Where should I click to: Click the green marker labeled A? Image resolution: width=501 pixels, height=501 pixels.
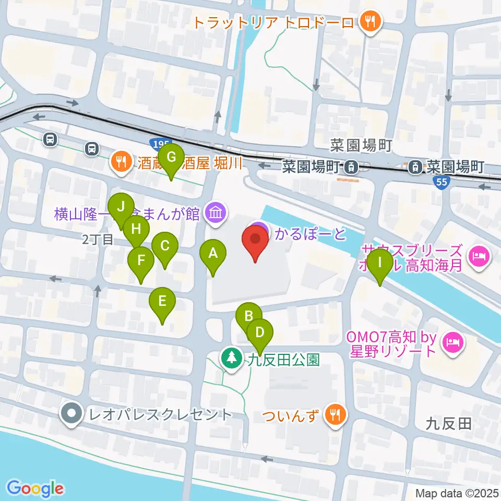(x=212, y=254)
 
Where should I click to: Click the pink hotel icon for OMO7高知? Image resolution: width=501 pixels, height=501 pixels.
(x=451, y=343)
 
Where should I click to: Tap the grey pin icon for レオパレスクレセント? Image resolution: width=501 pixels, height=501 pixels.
(x=71, y=415)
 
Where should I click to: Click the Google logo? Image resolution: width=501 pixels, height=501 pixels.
(x=35, y=488)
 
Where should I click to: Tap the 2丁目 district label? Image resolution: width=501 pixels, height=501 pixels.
(x=98, y=240)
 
